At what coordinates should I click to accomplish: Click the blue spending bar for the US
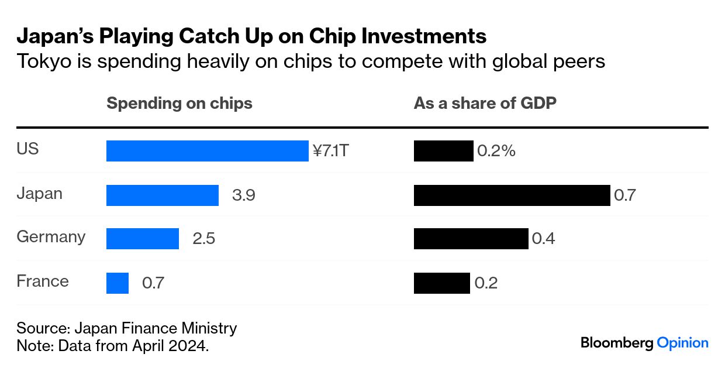coord(207,151)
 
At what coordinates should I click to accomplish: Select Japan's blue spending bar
coord(162,195)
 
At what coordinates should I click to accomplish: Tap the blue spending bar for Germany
coord(142,239)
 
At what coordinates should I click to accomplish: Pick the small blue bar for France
coord(117,283)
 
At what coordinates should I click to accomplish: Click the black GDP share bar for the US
coord(443,151)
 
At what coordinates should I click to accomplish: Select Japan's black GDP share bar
coord(512,195)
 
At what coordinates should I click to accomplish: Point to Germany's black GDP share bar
coord(471,239)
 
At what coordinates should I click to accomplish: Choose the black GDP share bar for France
coord(441,283)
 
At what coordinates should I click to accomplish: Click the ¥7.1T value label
coord(331,152)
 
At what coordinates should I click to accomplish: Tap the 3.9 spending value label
coord(243,195)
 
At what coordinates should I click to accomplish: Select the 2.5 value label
coord(203,239)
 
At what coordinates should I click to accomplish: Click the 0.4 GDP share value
coord(543,239)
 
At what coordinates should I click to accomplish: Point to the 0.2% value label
coord(496,152)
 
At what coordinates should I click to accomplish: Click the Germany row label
coord(51,237)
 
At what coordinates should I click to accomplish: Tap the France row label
coord(43,281)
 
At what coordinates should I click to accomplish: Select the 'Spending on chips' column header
coord(179,104)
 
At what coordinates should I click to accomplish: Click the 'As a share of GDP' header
coord(485,104)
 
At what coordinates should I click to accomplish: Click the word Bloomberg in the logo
coord(616,343)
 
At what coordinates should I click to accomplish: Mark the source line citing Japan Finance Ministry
coord(126,328)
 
